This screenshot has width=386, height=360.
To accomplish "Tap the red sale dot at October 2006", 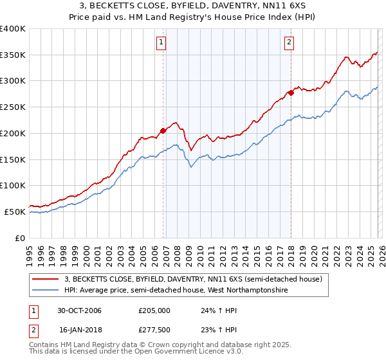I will coord(163,130).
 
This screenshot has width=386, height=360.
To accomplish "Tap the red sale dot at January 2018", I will coord(291,93).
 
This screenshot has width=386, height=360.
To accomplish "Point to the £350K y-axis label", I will coord(12,55).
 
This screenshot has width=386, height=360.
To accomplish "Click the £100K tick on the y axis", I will coord(12,185).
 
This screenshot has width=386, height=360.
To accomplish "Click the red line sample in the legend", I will coord(46,279).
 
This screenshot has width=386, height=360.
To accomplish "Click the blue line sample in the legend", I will coord(46,291).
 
